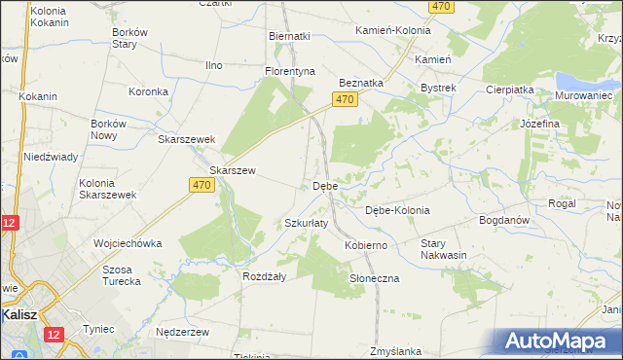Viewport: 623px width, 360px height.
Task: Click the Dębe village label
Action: coord(325,186)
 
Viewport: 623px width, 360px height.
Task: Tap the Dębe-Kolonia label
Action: coord(396,210)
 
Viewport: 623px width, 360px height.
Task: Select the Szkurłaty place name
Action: coord(306,223)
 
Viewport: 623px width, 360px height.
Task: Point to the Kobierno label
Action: coord(366,246)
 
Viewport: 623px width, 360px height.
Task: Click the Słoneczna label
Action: coord(374,278)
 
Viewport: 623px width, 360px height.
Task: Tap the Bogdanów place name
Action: coord(503,220)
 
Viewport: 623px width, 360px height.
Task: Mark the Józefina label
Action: coord(539,125)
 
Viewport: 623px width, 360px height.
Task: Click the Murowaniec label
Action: coord(583,96)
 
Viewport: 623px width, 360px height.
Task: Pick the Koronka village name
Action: coord(150,92)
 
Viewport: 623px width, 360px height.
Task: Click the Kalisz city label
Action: coord(19,315)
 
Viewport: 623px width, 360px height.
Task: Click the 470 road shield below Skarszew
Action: coord(202,185)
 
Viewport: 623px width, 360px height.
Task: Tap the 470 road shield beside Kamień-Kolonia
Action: coord(442,7)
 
